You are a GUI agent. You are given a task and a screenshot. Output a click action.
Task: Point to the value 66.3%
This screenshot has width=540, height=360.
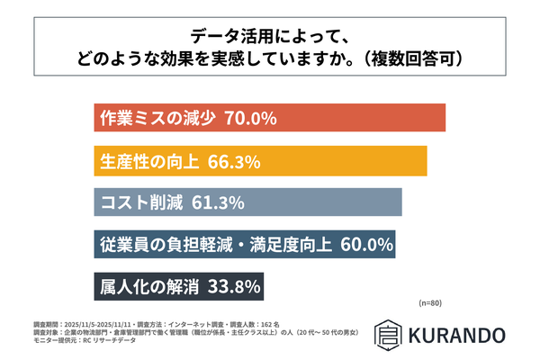(x=234, y=162)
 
